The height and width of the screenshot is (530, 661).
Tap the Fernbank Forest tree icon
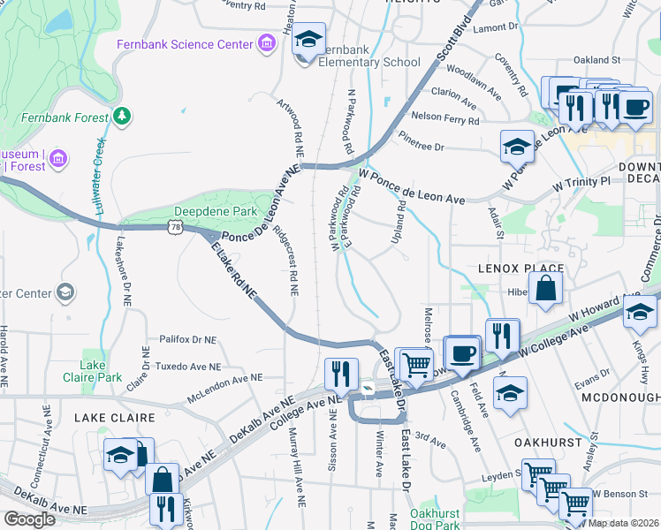(121, 116)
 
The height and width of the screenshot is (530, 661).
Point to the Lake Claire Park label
(99, 371)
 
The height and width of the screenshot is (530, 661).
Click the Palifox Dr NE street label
(188, 339)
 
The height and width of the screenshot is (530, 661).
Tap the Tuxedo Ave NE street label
(188, 367)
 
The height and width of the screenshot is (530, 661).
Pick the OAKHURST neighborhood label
(549, 442)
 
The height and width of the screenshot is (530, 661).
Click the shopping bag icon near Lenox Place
(546, 287)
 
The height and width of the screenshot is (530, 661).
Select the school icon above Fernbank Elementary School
(308, 40)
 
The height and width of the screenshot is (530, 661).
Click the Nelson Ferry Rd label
(445, 117)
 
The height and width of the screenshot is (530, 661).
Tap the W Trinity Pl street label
(581, 183)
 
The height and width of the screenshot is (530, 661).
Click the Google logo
(30, 519)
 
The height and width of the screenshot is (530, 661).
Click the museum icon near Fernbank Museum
(58, 160)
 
